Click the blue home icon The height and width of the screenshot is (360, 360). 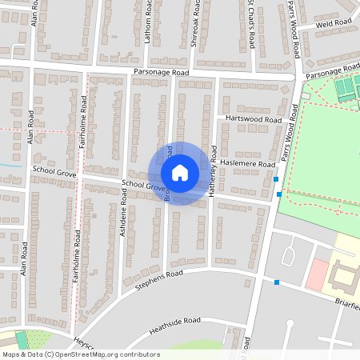click(x=180, y=173)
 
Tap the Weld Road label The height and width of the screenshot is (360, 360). click(x=334, y=25)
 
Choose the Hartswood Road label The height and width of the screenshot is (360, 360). click(x=254, y=118)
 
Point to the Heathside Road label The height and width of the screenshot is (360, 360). click(x=174, y=325)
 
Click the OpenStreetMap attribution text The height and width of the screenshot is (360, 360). click(x=80, y=354)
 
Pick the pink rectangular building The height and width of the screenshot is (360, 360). click(x=318, y=274)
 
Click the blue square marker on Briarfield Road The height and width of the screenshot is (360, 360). click(x=277, y=282)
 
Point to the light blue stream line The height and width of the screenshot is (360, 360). click(x=7, y=165)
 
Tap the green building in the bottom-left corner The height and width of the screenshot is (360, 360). click(x=21, y=339)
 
